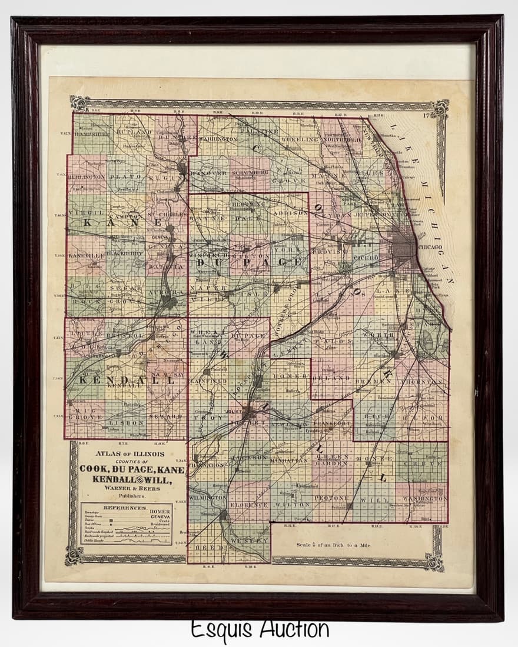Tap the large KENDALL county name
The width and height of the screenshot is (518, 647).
click(127, 381)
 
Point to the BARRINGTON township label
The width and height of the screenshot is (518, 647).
click(217, 139)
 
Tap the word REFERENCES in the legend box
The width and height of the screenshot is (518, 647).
click(125, 507)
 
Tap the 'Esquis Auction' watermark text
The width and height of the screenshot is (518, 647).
click(259, 629)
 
